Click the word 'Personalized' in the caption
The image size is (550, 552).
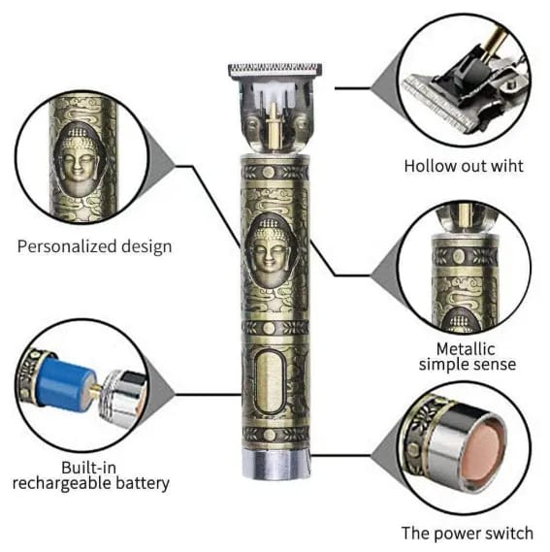click(x=67, y=246)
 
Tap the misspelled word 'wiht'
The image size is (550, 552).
click(x=506, y=166)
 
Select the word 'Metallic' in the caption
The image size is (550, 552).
click(x=466, y=349)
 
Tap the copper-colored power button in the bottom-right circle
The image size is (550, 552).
click(x=485, y=452)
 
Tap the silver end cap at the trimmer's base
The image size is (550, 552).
click(x=275, y=464)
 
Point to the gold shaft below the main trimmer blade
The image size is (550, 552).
click(x=273, y=128)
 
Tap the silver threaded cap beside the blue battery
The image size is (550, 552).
click(x=122, y=398)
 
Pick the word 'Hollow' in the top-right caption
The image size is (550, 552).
click(x=427, y=166)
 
